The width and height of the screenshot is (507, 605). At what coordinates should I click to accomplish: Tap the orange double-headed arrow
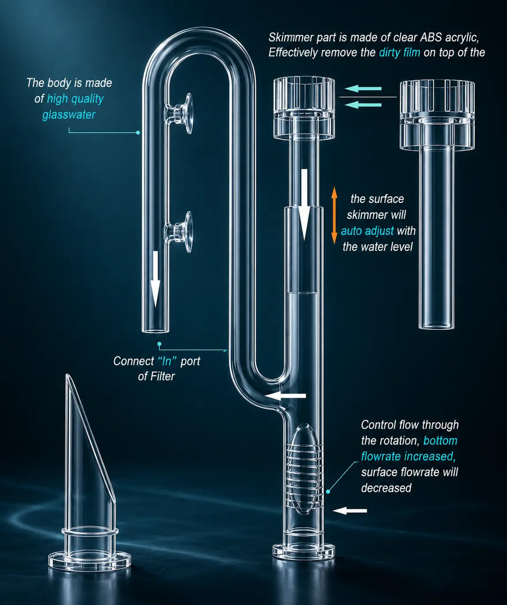[x=334, y=215]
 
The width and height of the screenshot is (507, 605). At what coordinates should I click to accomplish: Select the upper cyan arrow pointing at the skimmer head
[x=364, y=89]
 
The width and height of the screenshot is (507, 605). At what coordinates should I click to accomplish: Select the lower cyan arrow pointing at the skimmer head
[x=364, y=104]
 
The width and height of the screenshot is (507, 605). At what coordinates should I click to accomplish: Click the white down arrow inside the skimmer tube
[x=304, y=205]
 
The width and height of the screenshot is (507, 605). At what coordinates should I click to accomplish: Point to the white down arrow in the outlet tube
[x=156, y=279]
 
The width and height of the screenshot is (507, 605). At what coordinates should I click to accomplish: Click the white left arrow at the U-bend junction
[x=285, y=396]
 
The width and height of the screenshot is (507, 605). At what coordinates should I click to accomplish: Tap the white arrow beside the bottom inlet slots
[x=350, y=511]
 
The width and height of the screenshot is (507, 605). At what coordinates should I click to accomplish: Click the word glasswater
[x=69, y=114]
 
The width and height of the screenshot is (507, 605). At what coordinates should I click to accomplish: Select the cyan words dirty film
[x=399, y=52]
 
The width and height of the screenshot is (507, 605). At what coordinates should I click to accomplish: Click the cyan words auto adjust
[x=367, y=231]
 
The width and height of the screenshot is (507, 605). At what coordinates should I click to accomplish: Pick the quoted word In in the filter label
[x=167, y=361]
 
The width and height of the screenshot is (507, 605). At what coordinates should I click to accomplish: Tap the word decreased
[x=386, y=488]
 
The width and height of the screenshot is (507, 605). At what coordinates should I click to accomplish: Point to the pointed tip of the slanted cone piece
[x=67, y=375]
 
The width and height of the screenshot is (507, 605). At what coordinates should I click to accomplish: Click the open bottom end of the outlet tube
[x=155, y=330]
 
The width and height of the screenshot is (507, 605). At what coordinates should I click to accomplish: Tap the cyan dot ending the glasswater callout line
[x=138, y=133]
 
